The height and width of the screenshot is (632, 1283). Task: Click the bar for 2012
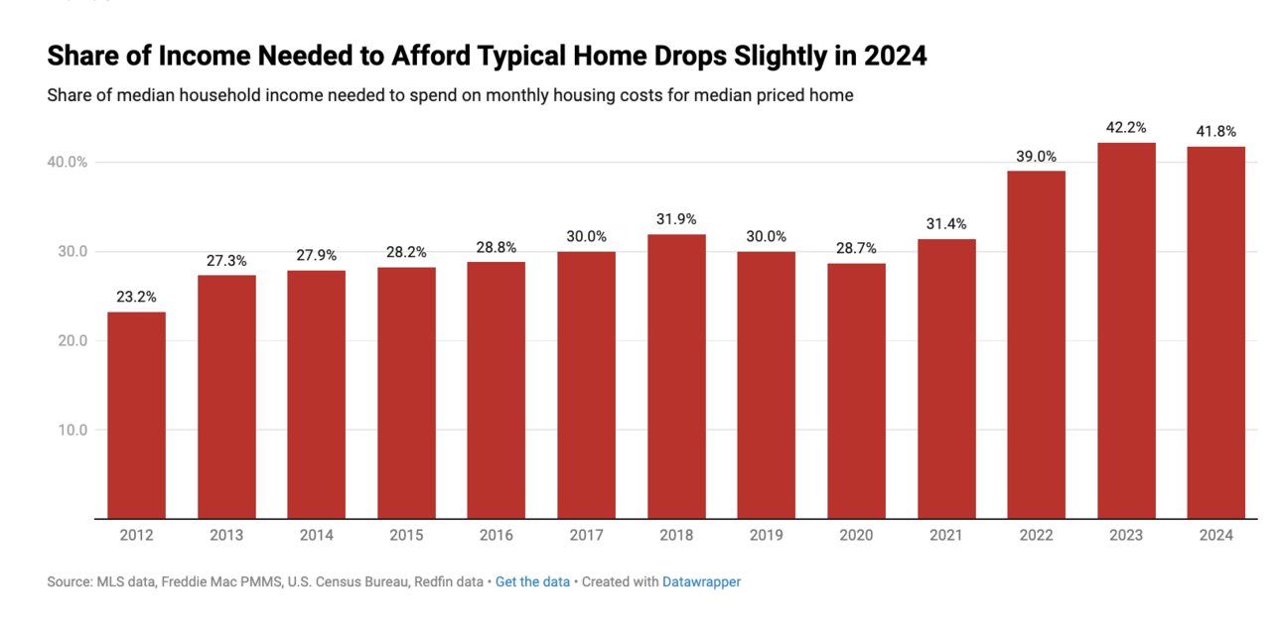point(136,415)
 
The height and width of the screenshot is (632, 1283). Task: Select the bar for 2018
point(676,376)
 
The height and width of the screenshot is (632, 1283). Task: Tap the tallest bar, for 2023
point(1126,330)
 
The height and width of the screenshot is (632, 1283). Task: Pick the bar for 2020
point(856,391)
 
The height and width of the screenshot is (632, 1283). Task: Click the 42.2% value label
point(1126,127)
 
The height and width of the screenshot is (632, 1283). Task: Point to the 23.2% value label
point(136,297)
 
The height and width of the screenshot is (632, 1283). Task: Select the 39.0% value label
point(1036,157)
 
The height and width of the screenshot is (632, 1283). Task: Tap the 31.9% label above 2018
point(676,219)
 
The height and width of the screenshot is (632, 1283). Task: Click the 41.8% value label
point(1216,132)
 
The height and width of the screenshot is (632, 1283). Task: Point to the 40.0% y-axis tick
point(67,162)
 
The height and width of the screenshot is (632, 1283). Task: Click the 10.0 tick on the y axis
point(72,430)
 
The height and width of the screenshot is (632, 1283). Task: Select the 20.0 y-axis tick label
point(72,340)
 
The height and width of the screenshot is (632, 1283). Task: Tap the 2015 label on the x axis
point(406,535)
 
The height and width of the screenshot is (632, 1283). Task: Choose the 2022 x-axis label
point(1036,535)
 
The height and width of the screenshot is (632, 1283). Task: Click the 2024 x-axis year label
point(1216,535)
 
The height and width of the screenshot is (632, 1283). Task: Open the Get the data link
point(532,581)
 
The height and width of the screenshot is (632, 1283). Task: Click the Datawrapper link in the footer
point(702,582)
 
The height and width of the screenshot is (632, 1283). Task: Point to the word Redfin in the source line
point(432,581)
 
